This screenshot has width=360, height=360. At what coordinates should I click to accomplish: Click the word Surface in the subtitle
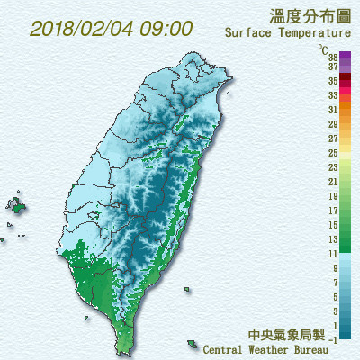coord(250,33)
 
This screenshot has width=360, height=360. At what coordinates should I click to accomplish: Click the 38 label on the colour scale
coord(333,56)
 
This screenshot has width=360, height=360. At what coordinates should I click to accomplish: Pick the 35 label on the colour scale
coord(333,80)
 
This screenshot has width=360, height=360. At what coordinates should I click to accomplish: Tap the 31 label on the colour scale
coord(333,109)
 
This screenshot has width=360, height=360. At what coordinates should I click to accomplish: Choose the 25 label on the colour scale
coord(333,153)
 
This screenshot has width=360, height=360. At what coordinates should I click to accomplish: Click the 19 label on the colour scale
coord(333,196)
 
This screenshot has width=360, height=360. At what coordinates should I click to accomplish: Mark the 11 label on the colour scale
coord(333,254)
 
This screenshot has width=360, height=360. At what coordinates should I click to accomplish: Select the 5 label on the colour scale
coord(335,297)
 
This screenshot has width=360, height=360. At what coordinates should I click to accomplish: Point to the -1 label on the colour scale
coord(333,339)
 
